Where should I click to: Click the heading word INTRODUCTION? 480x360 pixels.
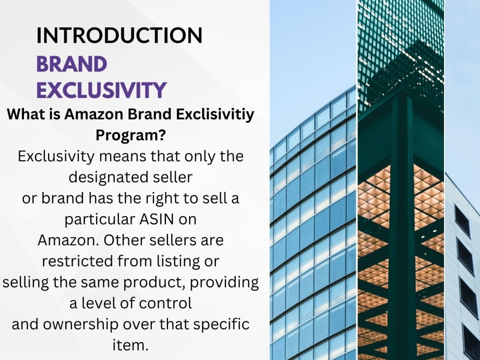pos(119,36)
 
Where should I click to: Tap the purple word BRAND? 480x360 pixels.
pos(72,64)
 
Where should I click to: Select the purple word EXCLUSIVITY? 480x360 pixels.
pos(102,90)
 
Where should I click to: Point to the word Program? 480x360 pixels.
pos(131,135)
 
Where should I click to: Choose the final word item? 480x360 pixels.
pos(131,345)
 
